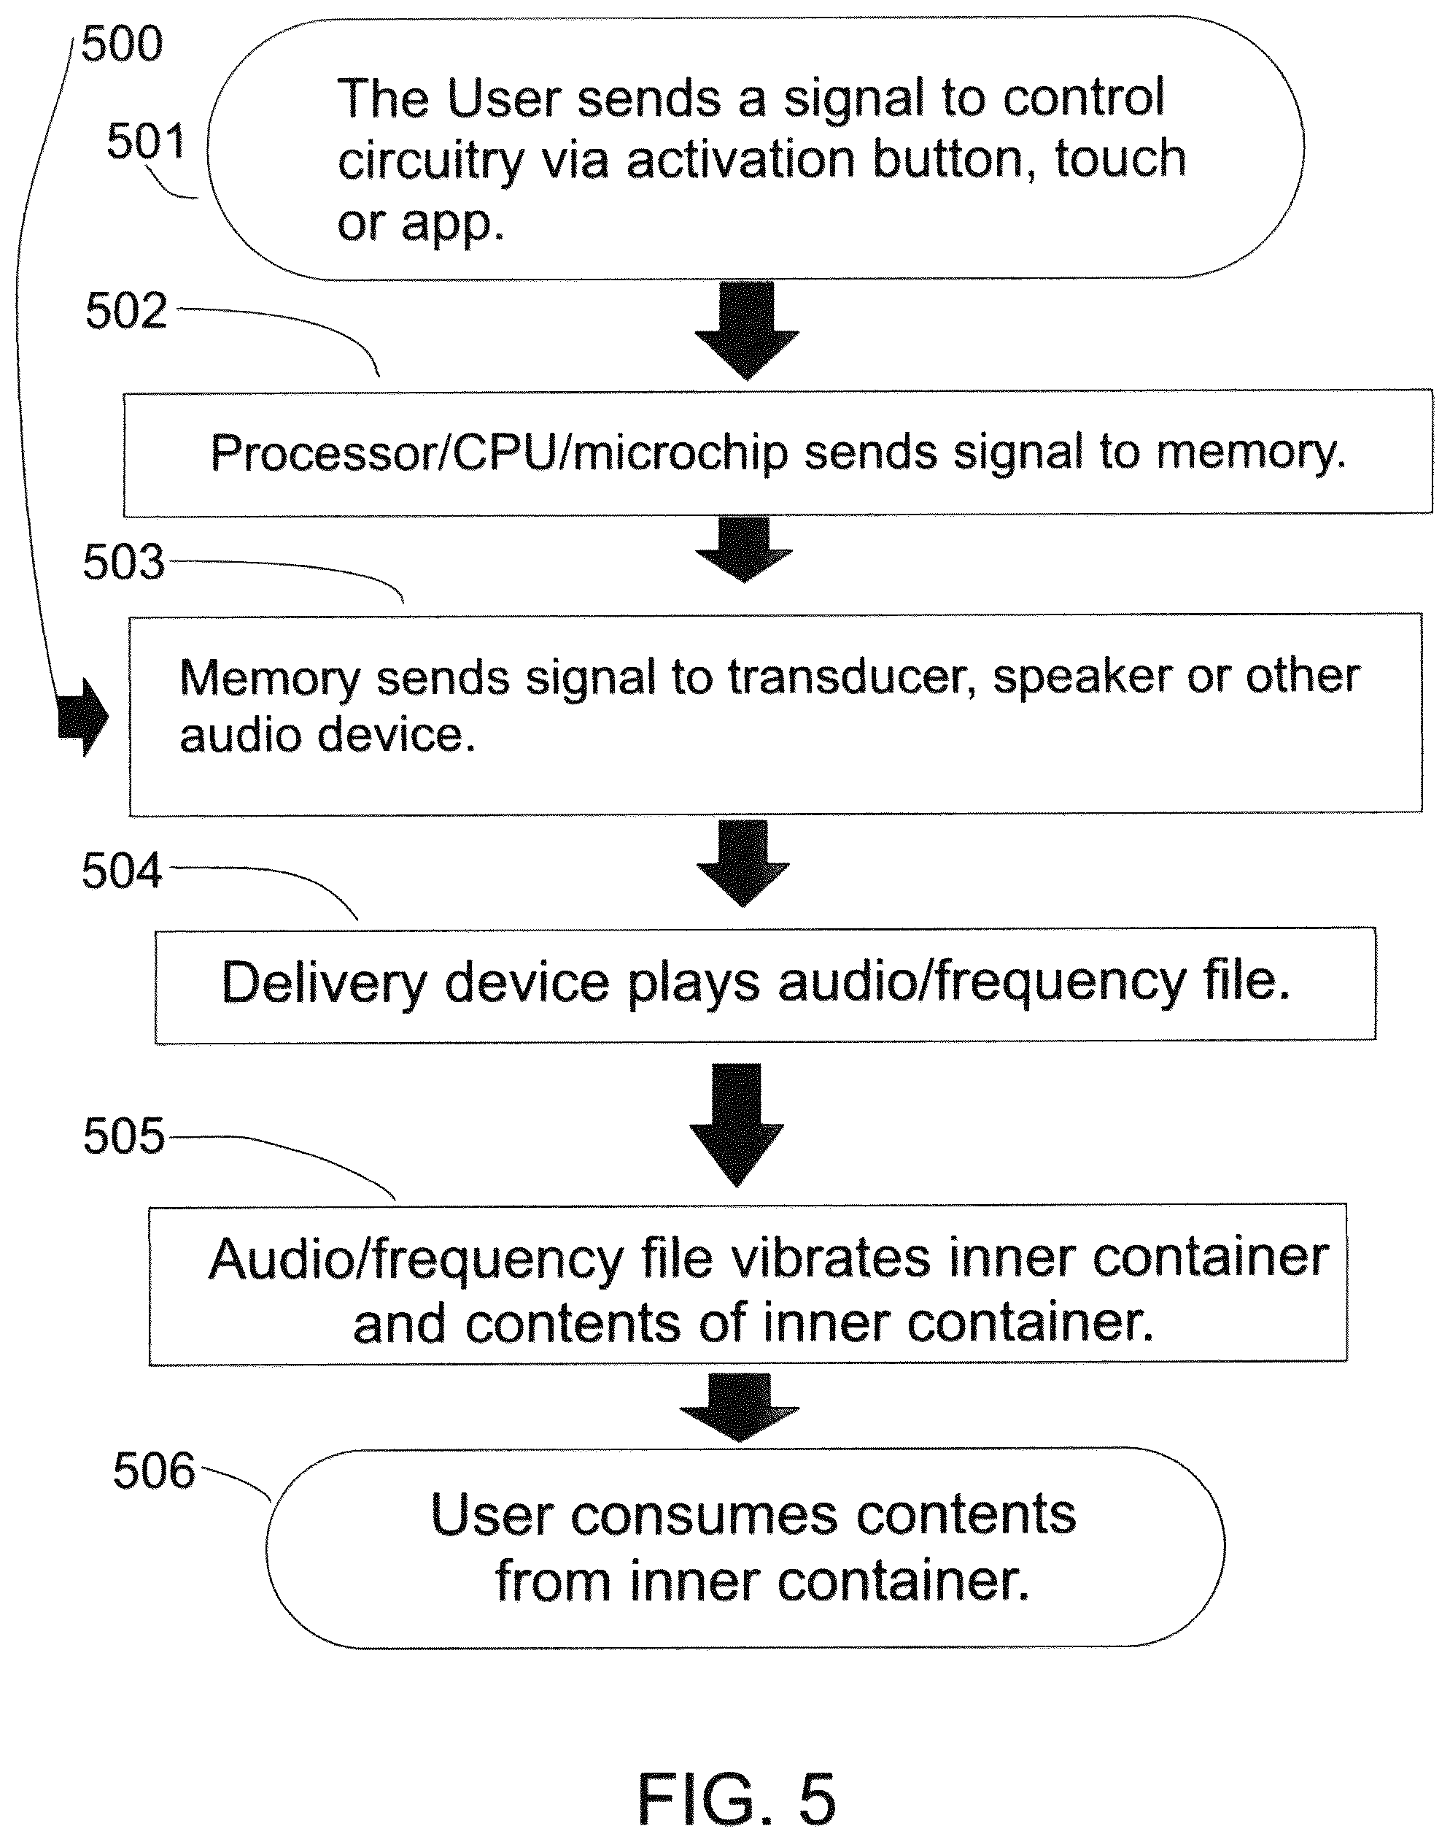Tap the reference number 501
pyautogui.click(x=146, y=141)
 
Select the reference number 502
pyautogui.click(x=125, y=311)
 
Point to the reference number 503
pyautogui.click(x=124, y=562)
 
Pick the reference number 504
pyautogui.click(x=121, y=871)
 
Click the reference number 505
pyautogui.click(x=124, y=1136)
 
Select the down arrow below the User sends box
pyautogui.click(x=746, y=331)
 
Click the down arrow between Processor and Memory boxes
pyautogui.click(x=744, y=550)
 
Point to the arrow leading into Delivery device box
pyautogui.click(x=743, y=863)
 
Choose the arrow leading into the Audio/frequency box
pyautogui.click(x=737, y=1125)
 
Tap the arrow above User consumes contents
pyautogui.click(x=740, y=1407)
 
